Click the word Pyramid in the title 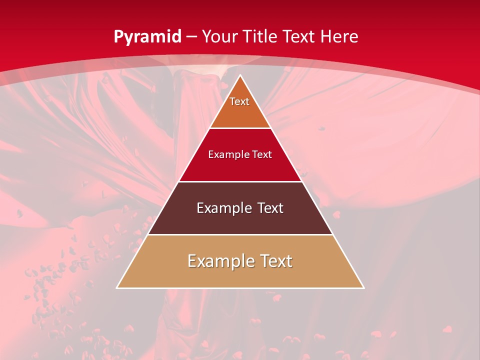(147, 37)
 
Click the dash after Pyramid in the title (191, 37)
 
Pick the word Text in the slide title (299, 36)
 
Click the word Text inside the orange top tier (239, 101)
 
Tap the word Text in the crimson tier (262, 154)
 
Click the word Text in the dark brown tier (270, 208)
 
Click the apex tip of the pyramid (240, 75)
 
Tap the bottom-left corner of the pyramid (117, 288)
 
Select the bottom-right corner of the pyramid (364, 288)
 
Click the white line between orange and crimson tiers (240, 128)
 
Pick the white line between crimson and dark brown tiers (240, 181)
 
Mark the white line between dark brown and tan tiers (240, 234)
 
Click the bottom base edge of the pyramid (240, 288)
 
